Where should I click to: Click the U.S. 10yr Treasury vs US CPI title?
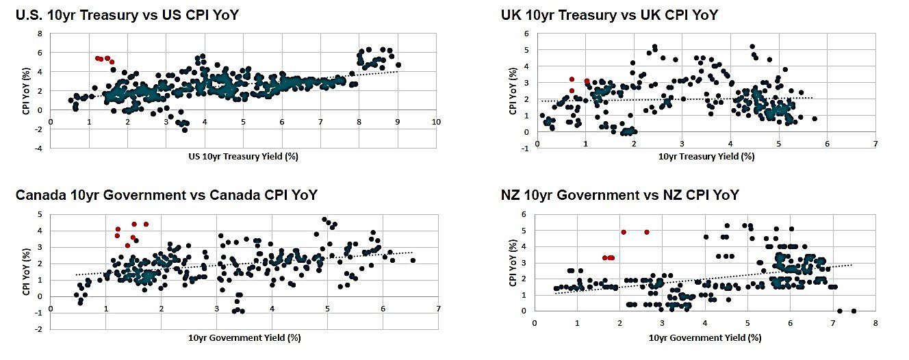[127, 14]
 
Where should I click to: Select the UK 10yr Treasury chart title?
[609, 14]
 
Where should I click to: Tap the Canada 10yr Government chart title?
[166, 195]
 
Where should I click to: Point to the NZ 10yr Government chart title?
[619, 195]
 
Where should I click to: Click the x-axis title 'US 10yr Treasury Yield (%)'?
[243, 156]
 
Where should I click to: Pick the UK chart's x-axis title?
[706, 156]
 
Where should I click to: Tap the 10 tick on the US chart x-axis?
[436, 123]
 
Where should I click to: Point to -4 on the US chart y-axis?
[39, 148]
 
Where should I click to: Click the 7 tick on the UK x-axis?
[875, 144]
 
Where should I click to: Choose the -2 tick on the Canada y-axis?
[40, 329]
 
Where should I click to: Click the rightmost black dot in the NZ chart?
[854, 311]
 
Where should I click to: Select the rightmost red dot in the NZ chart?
[647, 232]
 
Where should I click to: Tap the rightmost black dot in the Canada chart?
[413, 260]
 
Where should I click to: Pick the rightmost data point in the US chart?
[398, 65]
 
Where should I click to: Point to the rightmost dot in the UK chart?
[815, 118]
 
